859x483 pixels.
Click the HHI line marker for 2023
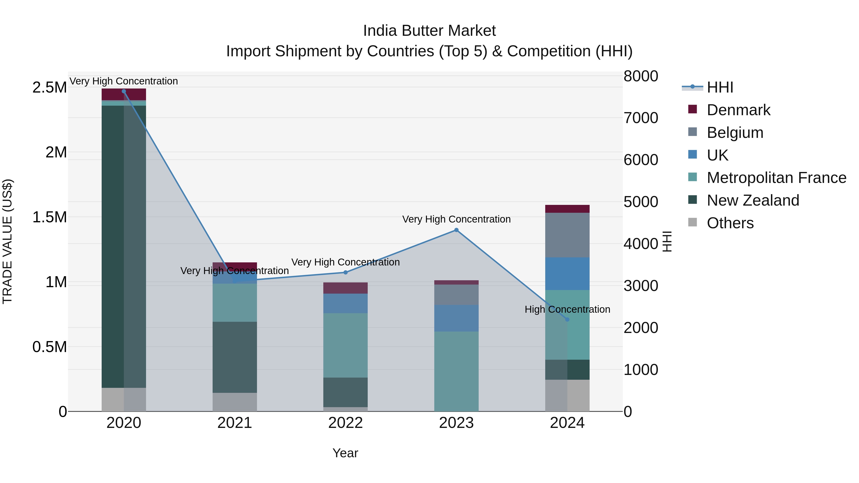(x=456, y=230)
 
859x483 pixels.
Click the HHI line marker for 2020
(x=124, y=91)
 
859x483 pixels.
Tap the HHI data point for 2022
(x=346, y=272)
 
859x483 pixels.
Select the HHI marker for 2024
(x=567, y=319)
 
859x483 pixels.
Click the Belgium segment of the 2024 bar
(x=567, y=235)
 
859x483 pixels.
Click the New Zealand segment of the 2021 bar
(x=235, y=357)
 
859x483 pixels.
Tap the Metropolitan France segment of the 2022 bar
(x=346, y=345)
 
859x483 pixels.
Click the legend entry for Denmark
(x=738, y=110)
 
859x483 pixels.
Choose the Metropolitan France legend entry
(x=776, y=178)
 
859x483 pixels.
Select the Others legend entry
(x=730, y=223)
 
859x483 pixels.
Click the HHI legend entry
(x=720, y=87)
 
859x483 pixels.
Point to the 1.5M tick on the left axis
(x=49, y=217)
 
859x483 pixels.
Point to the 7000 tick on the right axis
(x=641, y=118)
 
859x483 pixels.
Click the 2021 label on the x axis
(x=235, y=423)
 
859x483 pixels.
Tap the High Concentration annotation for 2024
(x=567, y=309)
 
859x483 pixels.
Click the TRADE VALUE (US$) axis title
(x=7, y=241)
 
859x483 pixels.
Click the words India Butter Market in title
(x=429, y=31)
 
